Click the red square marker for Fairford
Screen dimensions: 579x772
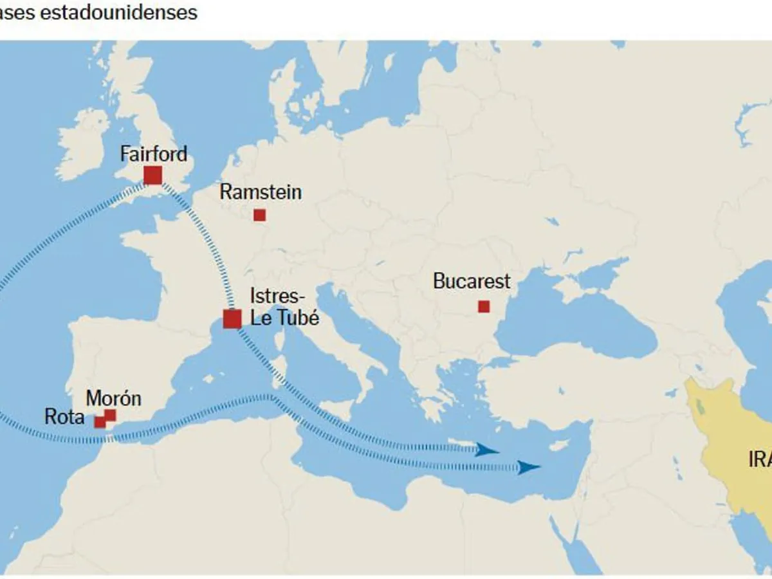152,175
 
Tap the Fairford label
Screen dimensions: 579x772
154,154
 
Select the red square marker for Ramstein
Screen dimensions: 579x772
259,215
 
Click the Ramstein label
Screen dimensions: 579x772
260,192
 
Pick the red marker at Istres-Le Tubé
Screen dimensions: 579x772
232,319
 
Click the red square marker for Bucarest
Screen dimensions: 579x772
484,307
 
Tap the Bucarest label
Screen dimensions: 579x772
472,281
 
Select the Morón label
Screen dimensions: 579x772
113,398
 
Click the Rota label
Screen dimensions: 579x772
64,417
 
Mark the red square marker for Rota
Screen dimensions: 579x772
100,423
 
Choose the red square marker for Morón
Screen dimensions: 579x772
111,415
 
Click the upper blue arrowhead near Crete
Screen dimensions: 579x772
488,450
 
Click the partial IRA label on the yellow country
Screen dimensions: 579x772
759,459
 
